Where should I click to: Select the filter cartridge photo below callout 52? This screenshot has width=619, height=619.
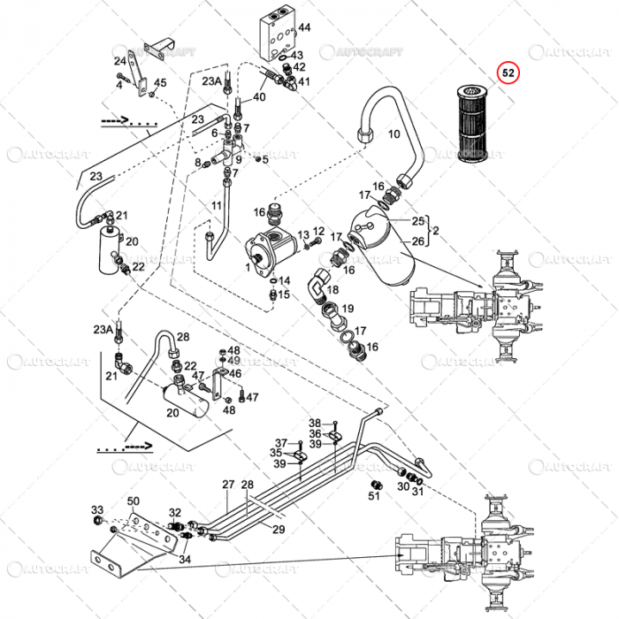[x=477, y=125]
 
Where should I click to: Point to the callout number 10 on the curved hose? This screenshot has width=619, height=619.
[x=394, y=134]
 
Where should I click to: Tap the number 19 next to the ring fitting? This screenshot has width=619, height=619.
[x=348, y=309]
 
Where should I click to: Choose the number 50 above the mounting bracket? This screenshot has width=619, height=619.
[x=133, y=501]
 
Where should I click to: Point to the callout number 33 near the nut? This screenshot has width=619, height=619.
[x=97, y=509]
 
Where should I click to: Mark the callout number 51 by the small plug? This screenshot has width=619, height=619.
[x=373, y=494]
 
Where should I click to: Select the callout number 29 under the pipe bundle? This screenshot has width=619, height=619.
[x=279, y=530]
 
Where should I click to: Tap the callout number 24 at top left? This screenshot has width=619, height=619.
[x=119, y=61]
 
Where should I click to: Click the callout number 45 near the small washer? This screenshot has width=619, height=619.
[x=159, y=83]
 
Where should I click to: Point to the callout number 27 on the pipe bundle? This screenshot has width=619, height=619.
[x=228, y=485]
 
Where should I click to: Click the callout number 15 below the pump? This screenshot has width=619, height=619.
[x=284, y=294]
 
